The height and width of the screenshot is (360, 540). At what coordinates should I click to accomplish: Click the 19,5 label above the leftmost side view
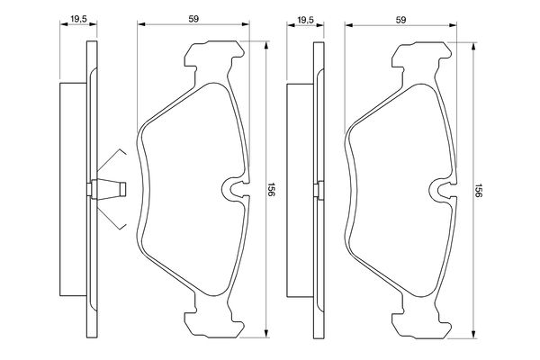point(78,19)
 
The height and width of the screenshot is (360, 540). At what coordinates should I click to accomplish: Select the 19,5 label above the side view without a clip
point(305,20)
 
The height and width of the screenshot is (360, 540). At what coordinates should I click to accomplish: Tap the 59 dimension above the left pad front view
point(193,19)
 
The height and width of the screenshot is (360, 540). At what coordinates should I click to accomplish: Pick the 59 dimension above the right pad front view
point(400,20)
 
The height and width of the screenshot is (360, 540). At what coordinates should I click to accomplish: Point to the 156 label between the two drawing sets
point(271,190)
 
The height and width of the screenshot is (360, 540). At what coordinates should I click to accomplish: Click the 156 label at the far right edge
point(478,190)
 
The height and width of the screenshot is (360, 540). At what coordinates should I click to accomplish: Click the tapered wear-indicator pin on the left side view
point(109,189)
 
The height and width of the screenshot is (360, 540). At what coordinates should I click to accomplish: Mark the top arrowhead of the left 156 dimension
point(265,46)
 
